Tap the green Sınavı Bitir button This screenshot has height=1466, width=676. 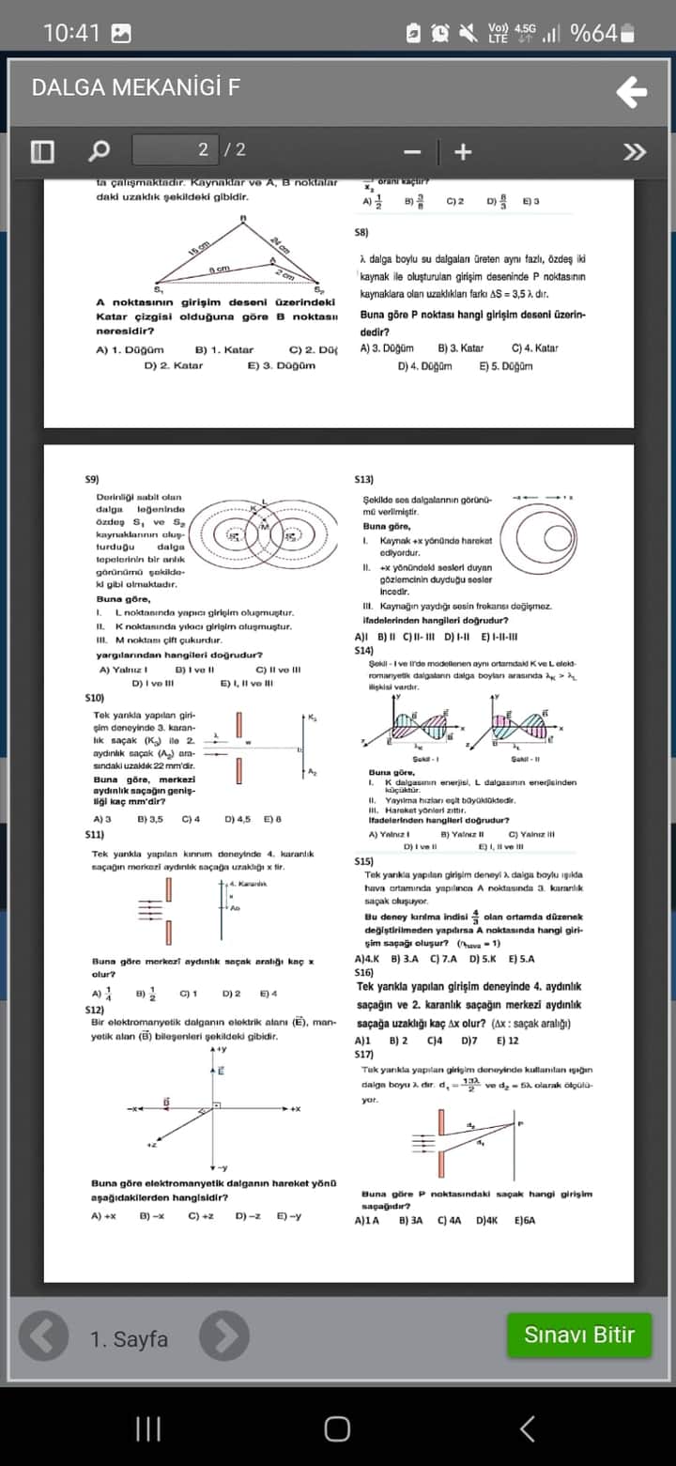578,1335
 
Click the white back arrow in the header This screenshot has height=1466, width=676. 632,92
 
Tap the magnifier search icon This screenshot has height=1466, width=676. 99,150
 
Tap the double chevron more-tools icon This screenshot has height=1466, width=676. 635,151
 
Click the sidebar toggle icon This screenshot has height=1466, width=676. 42,150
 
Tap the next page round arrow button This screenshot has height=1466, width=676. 224,1336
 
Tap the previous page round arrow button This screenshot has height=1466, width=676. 44,1336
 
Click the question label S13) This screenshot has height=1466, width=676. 363,479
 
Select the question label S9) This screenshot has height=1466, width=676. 92,479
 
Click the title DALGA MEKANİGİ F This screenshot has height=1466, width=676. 136,88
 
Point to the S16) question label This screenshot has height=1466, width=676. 364,974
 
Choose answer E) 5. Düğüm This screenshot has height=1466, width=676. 506,366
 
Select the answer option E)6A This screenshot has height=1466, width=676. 525,1220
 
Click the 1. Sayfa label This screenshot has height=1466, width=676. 130,1339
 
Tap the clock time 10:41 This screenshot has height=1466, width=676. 71,33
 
